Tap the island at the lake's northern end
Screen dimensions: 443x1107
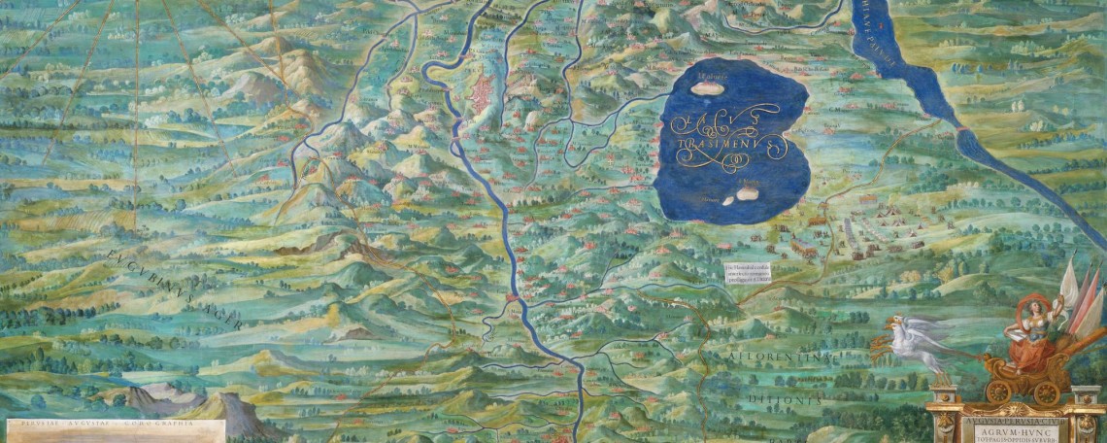coord(708,86)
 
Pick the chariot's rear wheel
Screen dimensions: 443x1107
coord(1046,392)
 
